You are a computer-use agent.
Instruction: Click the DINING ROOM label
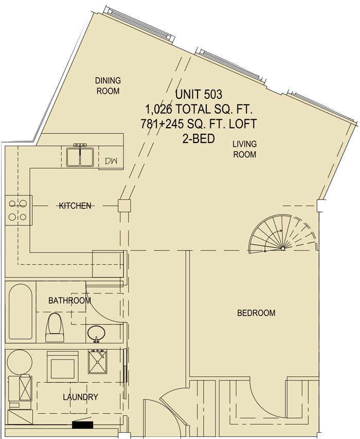click(108, 85)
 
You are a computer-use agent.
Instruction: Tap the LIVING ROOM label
click(244, 149)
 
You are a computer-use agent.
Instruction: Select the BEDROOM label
click(256, 313)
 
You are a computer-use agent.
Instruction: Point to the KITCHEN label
click(75, 206)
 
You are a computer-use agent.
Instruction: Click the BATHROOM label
click(69, 301)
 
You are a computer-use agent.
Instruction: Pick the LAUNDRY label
click(81, 397)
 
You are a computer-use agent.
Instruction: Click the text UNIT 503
click(199, 94)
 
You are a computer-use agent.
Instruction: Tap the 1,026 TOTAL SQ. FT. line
click(199, 109)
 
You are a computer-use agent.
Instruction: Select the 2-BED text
click(199, 138)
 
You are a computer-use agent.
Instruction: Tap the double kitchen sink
click(80, 157)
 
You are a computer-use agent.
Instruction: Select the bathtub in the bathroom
click(21, 311)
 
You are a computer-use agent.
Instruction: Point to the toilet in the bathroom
click(55, 327)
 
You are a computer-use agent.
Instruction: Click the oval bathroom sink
click(96, 333)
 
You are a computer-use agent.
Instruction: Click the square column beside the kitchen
click(124, 206)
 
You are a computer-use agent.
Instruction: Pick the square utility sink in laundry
click(97, 361)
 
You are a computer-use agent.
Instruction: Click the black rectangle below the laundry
click(82, 425)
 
